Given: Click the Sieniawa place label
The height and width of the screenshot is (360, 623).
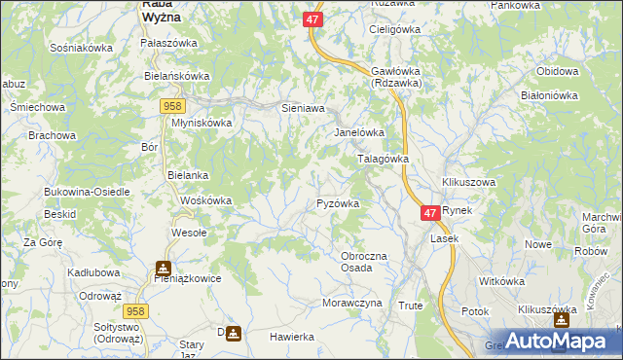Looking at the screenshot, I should click(x=302, y=108).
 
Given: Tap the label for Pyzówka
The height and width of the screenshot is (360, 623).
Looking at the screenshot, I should click(x=339, y=203).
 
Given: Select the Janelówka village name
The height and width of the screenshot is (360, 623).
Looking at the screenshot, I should click(x=360, y=132).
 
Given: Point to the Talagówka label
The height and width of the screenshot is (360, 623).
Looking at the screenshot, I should click(x=384, y=158).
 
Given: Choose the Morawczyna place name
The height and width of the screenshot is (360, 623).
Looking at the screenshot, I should click(x=351, y=303).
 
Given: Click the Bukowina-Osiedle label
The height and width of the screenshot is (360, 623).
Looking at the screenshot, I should click(x=87, y=192).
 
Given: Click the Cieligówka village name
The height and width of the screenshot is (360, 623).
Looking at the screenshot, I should click(x=393, y=29).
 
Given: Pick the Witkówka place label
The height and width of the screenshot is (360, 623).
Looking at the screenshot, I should click(x=502, y=281).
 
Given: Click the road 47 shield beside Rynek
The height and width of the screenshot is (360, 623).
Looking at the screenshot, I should click(x=430, y=211).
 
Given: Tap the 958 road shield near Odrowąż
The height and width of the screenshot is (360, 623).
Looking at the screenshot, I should click(x=135, y=309).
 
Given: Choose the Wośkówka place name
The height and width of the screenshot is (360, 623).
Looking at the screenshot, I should click(x=205, y=200).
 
